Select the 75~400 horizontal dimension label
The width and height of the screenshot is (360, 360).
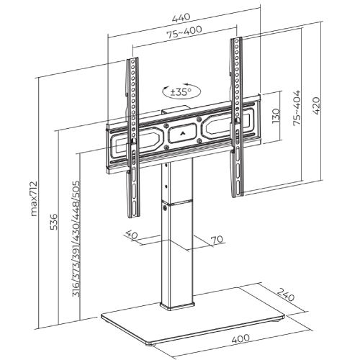coord(184,32)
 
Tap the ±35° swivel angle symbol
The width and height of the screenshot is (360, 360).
coord(181,91)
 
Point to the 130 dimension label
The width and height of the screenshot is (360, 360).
coord(276,116)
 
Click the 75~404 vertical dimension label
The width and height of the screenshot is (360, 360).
coord(297,107)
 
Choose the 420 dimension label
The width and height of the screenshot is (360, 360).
coord(316,106)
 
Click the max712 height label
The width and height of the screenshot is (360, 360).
coord(34,199)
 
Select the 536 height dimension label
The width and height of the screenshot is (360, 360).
coord(54,221)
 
